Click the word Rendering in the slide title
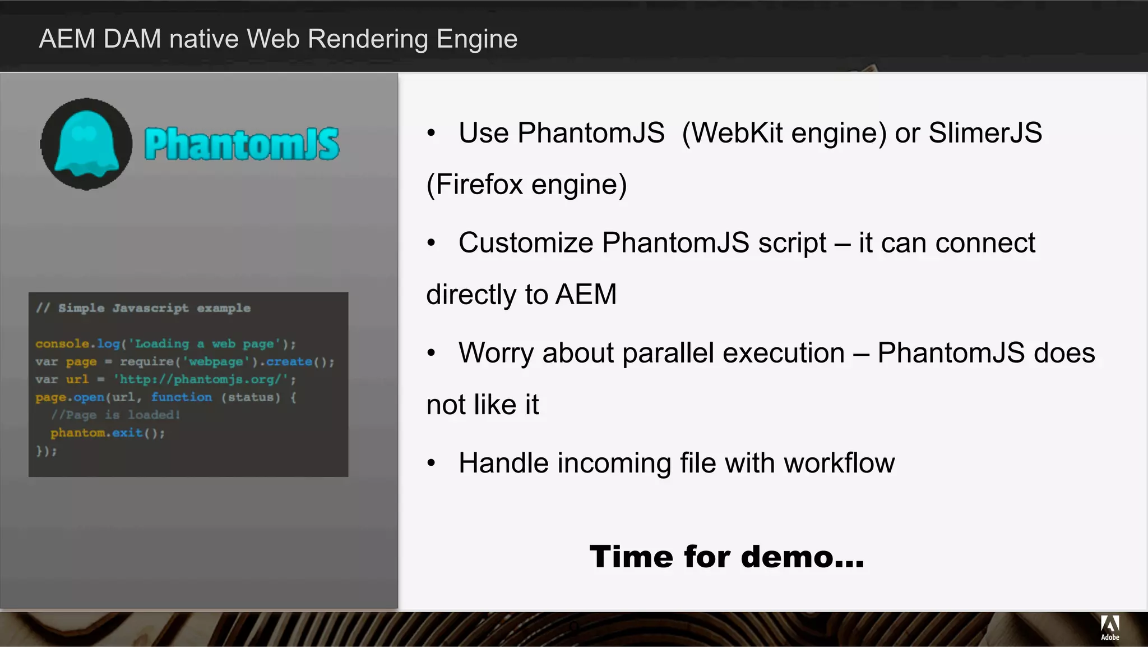(368, 39)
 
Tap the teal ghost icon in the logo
(86, 144)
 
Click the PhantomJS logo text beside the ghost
(242, 144)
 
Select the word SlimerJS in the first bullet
(985, 133)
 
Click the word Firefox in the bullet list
(479, 185)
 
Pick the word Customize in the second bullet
(526, 243)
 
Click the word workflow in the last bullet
(839, 464)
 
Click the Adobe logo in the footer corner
(1110, 627)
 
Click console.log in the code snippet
(78, 343)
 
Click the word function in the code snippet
(182, 397)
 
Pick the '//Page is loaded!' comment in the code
(115, 415)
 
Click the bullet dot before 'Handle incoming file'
(431, 464)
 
